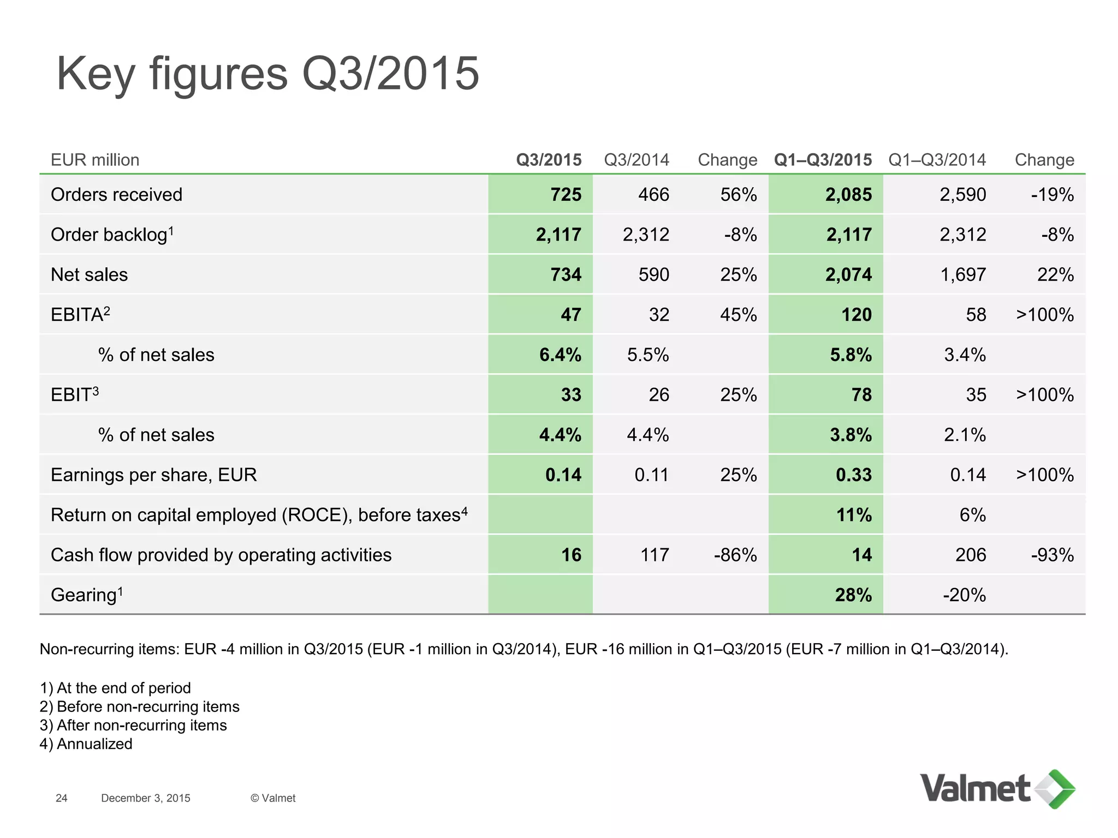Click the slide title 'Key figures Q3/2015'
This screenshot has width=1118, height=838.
[x=267, y=74]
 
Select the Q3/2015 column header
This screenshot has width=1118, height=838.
[x=549, y=160]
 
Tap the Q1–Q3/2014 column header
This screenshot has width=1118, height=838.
[x=937, y=160]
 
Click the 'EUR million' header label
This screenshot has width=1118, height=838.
[x=95, y=160]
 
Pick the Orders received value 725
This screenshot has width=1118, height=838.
[x=566, y=195]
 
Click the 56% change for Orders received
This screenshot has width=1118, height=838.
[x=738, y=195]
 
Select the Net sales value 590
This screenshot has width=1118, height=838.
[x=653, y=274]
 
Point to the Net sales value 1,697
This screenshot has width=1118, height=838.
[x=962, y=274]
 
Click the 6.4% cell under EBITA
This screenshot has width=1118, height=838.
[x=560, y=355]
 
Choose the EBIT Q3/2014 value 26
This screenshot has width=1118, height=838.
[x=659, y=394]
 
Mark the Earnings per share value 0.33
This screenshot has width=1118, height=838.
[x=854, y=475]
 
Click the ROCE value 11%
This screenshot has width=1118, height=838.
[x=854, y=514]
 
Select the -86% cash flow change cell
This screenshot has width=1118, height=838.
[x=735, y=555]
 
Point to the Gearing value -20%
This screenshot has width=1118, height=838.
[x=964, y=595]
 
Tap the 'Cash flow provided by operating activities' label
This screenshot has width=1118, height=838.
[x=221, y=555]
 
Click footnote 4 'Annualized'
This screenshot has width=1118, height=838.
[x=86, y=744]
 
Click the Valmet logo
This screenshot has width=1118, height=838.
[x=997, y=789]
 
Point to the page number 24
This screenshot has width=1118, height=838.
[x=62, y=798]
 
